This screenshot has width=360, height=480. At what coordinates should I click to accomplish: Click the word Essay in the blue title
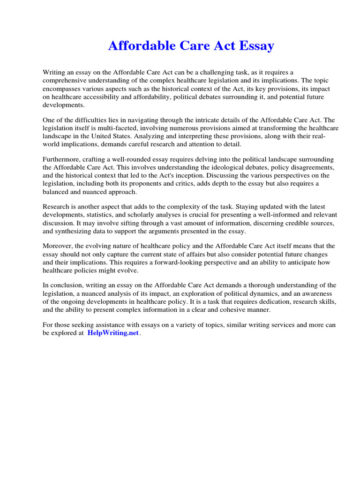[x=254, y=46]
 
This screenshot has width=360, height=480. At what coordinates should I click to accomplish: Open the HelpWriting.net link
[x=113, y=333]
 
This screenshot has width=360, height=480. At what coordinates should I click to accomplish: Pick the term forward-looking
[x=189, y=262]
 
